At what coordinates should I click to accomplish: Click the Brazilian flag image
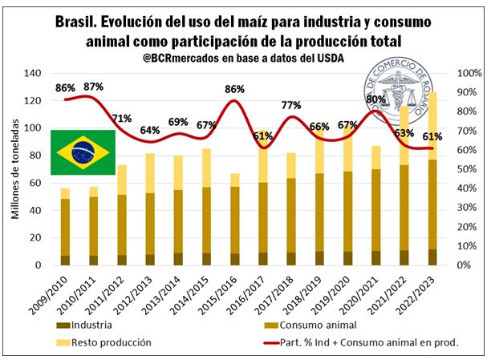click(x=83, y=152)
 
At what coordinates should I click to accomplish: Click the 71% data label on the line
click(x=122, y=118)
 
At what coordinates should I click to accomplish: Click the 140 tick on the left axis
click(x=32, y=73)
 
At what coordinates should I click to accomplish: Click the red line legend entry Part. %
click(x=362, y=342)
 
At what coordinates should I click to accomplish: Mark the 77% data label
click(x=291, y=105)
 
